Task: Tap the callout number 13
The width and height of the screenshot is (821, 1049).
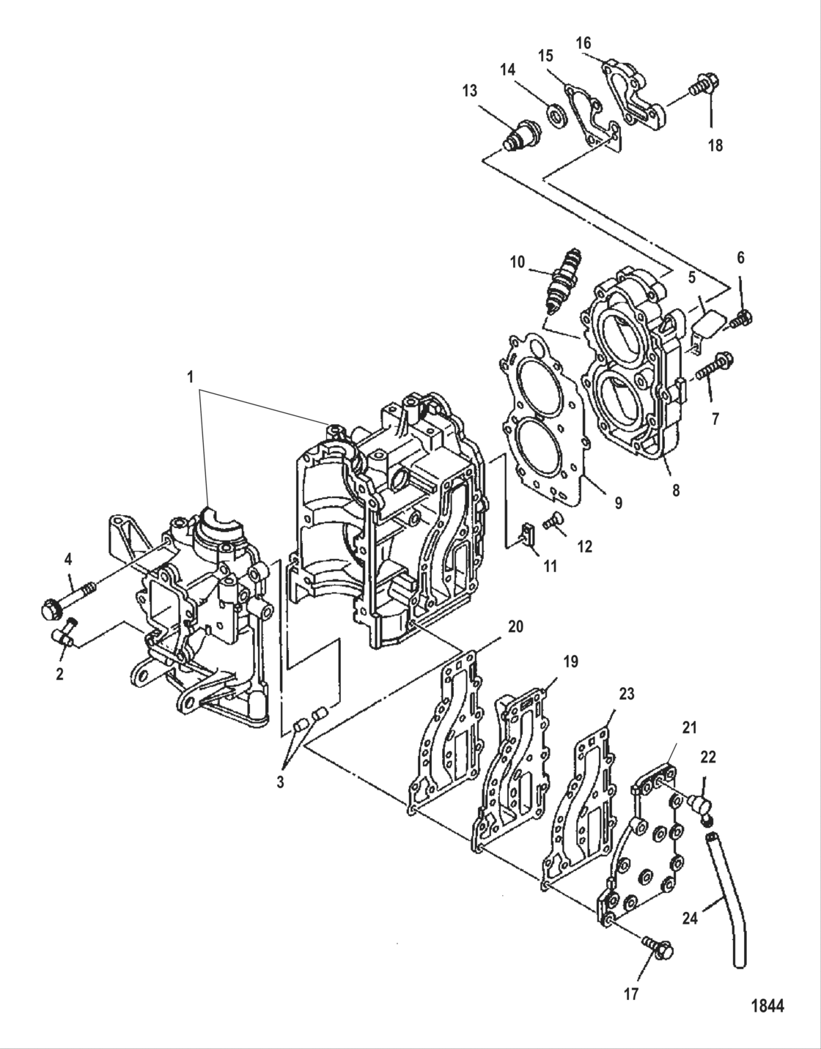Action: click(x=469, y=90)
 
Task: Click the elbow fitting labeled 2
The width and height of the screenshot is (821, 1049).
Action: click(x=64, y=634)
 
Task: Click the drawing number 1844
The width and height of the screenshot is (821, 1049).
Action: click(x=767, y=1005)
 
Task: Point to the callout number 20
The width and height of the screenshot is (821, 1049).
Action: click(x=515, y=626)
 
